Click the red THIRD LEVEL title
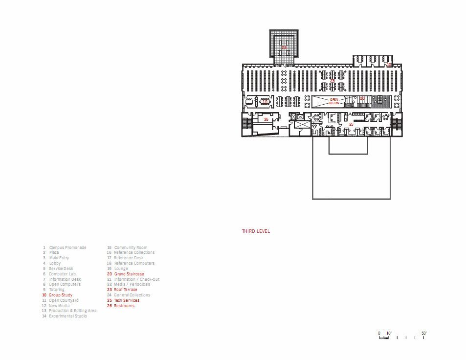coord(256,231)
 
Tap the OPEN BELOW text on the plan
coord(334,101)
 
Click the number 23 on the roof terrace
coord(284,47)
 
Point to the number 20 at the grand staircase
coord(362,98)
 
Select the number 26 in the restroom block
coord(266,119)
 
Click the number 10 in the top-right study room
coord(389,64)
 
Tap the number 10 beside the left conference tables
coord(265,102)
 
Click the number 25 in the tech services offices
coord(351,125)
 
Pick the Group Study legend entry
coord(60,295)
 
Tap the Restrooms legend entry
coord(124,306)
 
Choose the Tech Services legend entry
coord(126,300)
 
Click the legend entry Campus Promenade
coord(67,247)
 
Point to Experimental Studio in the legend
coord(67,316)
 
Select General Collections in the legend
coord(132,295)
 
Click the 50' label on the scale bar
coord(424,333)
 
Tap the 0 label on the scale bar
coord(379,333)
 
